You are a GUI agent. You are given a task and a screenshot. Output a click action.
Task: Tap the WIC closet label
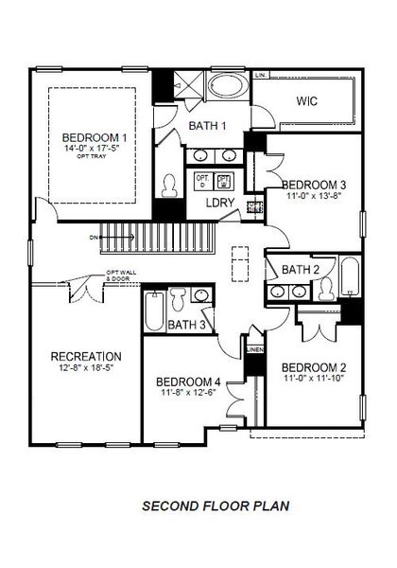tap(305, 101)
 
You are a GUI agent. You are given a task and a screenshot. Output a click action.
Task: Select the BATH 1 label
tap(206, 126)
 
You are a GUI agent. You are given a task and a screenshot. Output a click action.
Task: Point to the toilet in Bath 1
tap(171, 184)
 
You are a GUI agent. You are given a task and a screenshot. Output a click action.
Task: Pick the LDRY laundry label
tap(220, 202)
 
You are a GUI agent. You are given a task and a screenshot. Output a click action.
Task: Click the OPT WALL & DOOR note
tap(120, 277)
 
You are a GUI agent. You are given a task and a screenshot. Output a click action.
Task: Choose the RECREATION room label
tap(85, 356)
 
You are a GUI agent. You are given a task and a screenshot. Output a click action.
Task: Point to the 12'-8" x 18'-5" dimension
tap(85, 368)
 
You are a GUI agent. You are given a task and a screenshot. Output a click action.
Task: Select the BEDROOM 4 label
tap(189, 382)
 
